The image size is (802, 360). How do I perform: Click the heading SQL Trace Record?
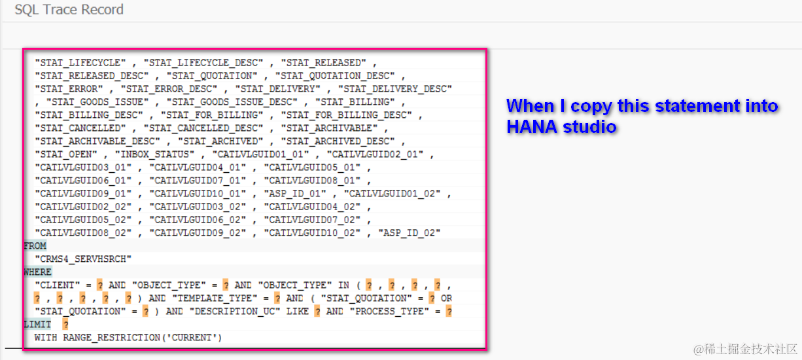point(69,10)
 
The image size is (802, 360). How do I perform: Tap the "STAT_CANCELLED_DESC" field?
point(203,128)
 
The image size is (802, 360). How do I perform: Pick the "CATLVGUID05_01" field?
point(311,168)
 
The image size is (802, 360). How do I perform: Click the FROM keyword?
point(35,246)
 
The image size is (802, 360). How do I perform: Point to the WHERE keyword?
point(37,272)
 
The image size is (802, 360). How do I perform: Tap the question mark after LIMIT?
point(65,325)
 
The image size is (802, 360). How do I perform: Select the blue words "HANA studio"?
point(561,127)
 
